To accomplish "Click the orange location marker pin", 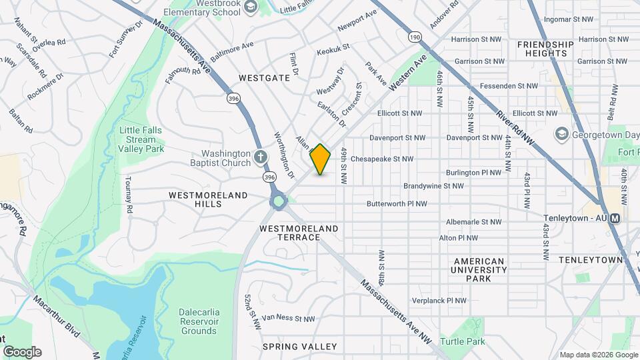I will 321,159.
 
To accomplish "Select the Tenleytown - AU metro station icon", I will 615,218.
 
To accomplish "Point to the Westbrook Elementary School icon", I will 251,8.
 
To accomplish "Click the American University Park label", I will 479,269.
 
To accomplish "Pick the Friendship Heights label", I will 545,49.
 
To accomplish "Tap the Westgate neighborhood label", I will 265,78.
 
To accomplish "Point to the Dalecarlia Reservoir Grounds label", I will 199,321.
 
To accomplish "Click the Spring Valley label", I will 299,347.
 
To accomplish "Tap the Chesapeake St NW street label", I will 382,159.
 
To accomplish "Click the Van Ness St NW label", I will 288,319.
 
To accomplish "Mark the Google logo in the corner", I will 22,351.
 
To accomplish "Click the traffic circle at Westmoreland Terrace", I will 278,201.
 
